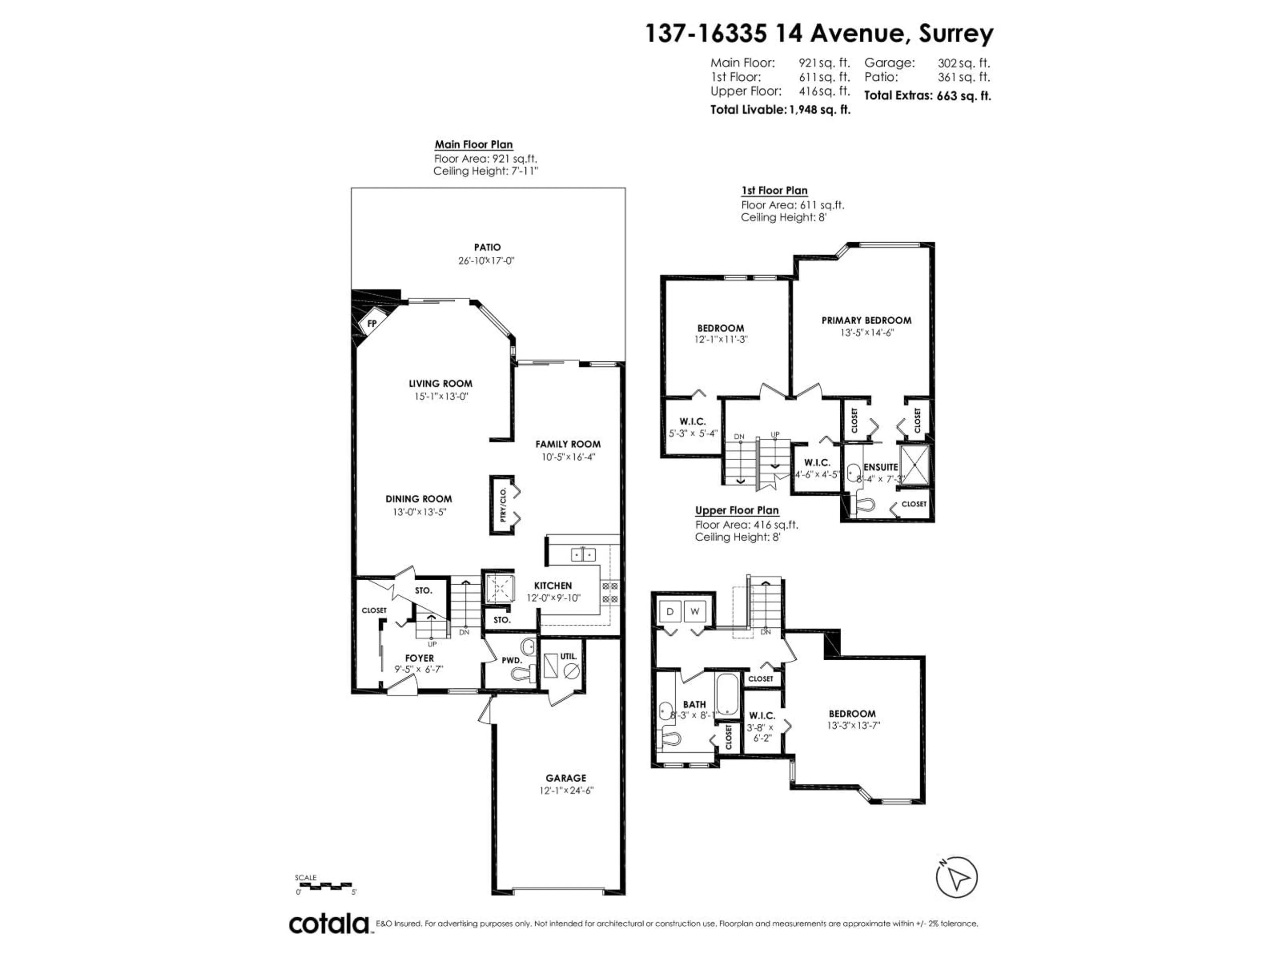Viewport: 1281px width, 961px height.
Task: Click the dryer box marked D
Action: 671,612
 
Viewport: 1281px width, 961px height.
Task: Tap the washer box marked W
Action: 695,612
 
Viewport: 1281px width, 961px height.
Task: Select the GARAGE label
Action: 566,778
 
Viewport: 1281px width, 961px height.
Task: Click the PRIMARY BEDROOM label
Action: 866,320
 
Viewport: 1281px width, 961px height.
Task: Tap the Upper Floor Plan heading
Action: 737,510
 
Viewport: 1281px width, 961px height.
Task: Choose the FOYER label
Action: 419,658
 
